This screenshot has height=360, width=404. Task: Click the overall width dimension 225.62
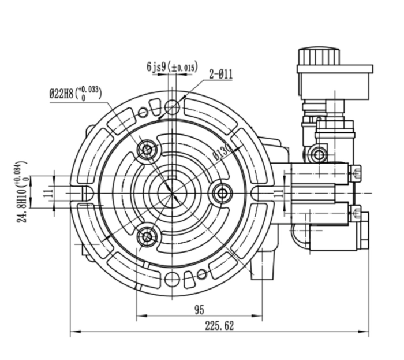click(x=219, y=326)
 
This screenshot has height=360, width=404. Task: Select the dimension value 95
click(x=199, y=310)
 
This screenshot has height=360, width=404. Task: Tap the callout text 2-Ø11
click(x=221, y=75)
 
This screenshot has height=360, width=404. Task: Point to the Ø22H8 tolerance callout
click(x=75, y=94)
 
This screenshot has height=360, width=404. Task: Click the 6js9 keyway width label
click(x=173, y=67)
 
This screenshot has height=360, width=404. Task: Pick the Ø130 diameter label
click(x=222, y=153)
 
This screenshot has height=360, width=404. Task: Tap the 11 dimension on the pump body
click(x=278, y=193)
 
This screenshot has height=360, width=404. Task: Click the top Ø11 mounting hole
click(x=172, y=107)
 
